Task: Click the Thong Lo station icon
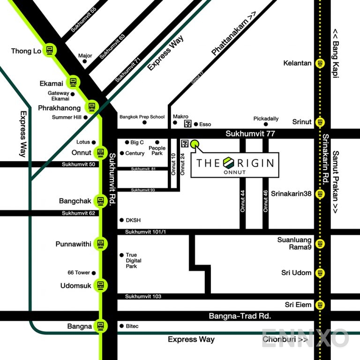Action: [x=50, y=51]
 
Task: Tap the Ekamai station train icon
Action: [x=73, y=83]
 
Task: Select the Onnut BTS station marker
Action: [x=100, y=152]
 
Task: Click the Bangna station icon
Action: [x=100, y=326]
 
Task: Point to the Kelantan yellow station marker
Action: [x=320, y=63]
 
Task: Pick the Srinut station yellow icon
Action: [x=320, y=122]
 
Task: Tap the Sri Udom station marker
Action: [x=320, y=272]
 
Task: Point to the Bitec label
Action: [x=132, y=326]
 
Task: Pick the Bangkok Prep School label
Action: [x=142, y=117]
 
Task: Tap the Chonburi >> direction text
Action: [x=285, y=339]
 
